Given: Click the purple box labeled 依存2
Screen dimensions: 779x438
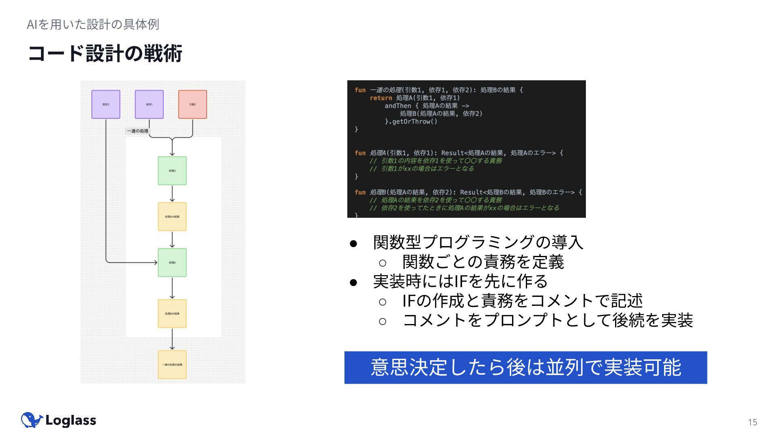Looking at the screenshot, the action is (x=105, y=104).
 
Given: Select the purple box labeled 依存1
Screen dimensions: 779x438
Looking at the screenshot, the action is (x=149, y=104).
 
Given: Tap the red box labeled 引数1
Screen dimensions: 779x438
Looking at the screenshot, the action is (x=192, y=104).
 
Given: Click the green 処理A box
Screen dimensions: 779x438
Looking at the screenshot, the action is (x=172, y=171).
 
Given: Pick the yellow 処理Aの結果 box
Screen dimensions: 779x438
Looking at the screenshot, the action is (x=172, y=217).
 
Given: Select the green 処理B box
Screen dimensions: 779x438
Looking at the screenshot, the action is (x=172, y=262).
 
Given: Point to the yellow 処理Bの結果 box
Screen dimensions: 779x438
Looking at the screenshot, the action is (x=172, y=313).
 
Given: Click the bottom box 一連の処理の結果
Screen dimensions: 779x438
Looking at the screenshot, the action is (x=172, y=365).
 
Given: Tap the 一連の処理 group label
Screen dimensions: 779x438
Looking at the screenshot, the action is (x=138, y=131).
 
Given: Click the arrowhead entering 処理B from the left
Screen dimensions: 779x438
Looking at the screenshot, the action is (x=155, y=262).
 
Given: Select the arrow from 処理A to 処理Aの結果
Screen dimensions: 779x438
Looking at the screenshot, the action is (x=172, y=194).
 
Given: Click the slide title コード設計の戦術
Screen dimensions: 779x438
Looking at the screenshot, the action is (x=105, y=54).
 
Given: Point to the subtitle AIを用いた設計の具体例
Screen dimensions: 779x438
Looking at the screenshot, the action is (x=93, y=24).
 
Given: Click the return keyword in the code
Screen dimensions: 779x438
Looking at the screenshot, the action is (x=381, y=98).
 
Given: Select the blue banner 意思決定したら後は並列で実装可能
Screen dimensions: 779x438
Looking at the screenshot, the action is (x=525, y=367).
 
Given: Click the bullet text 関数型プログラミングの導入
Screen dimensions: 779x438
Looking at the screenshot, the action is (x=478, y=242).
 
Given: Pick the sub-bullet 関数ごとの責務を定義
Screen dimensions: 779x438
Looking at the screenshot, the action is (x=483, y=262).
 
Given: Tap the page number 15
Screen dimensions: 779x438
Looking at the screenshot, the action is (x=752, y=422).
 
